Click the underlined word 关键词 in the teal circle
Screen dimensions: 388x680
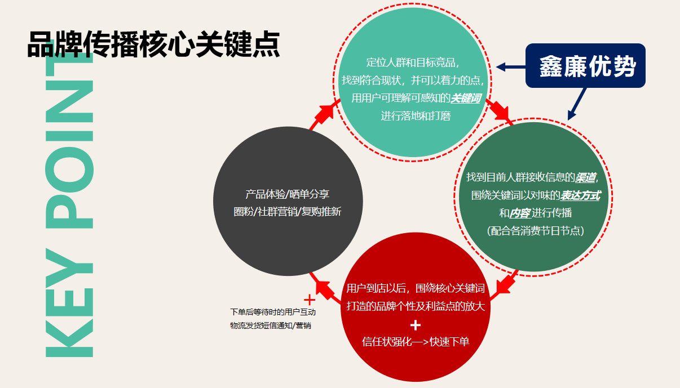465,98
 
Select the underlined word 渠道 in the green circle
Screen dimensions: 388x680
585,178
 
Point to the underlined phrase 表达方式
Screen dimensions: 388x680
580,196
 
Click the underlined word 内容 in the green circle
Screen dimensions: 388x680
519,213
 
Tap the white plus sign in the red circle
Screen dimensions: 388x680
416,325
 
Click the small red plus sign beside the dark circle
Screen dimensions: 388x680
309,300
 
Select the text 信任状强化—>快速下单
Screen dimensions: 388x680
416,342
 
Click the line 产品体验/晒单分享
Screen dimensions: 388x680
288,194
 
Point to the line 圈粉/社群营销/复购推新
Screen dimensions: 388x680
288,212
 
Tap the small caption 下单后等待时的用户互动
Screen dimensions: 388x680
273,312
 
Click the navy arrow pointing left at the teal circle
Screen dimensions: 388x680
510,67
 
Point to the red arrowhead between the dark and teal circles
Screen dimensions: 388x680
324,113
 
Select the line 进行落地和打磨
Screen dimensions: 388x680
416,116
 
